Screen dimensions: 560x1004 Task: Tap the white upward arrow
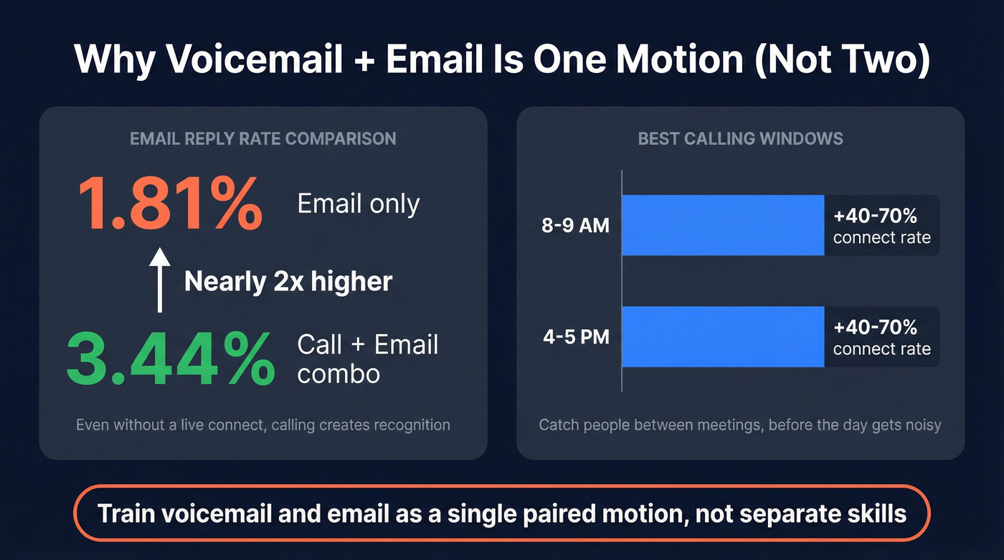[160, 280]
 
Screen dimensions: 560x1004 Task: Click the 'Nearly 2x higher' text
[288, 281]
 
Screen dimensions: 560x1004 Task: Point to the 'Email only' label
[358, 204]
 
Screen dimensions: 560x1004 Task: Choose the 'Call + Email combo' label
[367, 359]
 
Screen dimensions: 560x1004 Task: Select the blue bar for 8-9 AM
[722, 225]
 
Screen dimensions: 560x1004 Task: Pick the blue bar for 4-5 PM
[722, 336]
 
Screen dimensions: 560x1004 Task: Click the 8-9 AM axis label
[575, 226]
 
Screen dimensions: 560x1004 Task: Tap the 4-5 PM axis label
[575, 337]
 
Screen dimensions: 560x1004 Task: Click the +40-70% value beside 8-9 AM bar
[875, 216]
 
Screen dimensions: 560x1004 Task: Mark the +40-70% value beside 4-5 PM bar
[875, 327]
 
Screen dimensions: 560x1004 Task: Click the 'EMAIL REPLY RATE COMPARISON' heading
[262, 138]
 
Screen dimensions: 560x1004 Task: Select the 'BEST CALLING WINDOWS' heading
[740, 138]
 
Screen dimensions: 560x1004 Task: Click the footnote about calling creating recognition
[262, 424]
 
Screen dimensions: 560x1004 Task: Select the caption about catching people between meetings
[739, 424]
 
